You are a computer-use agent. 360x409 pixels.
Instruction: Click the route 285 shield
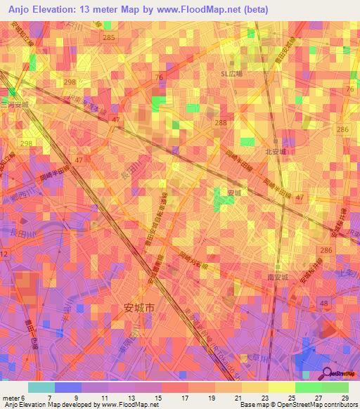[x=108, y=37]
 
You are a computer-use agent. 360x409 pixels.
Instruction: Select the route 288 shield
[x=221, y=122]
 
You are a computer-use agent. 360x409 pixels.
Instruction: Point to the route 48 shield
[x=324, y=303]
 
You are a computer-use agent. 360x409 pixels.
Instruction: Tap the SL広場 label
[x=231, y=73]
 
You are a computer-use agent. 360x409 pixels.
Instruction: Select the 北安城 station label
[x=274, y=150]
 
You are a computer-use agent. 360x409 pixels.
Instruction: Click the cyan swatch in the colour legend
[x=41, y=388]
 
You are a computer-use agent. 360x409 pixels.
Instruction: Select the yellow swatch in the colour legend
[x=282, y=388]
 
